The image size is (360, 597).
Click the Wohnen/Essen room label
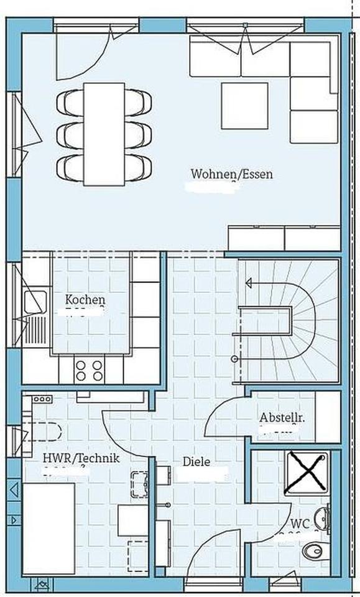point(231,175)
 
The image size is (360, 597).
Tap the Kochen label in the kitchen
point(85,300)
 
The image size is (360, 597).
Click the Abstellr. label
point(282,417)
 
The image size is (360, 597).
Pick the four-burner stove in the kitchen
point(89,370)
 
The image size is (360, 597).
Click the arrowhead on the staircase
point(249,284)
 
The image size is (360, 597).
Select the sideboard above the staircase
point(284,237)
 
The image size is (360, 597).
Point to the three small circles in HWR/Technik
point(42,399)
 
